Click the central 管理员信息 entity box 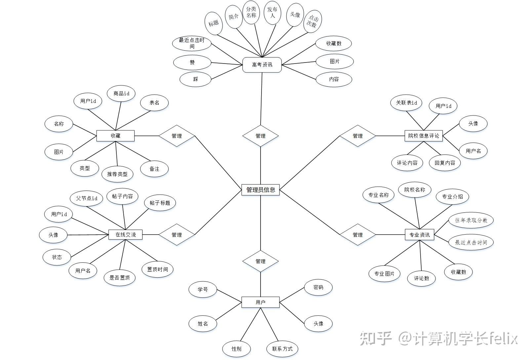[261, 190]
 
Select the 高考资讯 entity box [262, 65]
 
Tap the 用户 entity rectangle [260, 302]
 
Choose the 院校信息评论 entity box [424, 136]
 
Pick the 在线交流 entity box [125, 235]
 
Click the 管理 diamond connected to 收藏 [177, 136]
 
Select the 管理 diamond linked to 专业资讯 [357, 235]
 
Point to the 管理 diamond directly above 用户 [260, 261]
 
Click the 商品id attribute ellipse [121, 94]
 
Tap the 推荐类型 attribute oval [117, 174]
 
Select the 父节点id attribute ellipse [87, 198]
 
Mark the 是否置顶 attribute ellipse [120, 278]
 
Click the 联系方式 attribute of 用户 [282, 349]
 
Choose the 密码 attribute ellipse [318, 288]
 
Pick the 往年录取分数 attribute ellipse [471, 220]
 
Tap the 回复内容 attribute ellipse [445, 163]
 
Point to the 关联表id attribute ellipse [406, 103]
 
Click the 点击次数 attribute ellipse [312, 22]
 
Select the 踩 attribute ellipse [195, 79]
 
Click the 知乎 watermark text [376, 338]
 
